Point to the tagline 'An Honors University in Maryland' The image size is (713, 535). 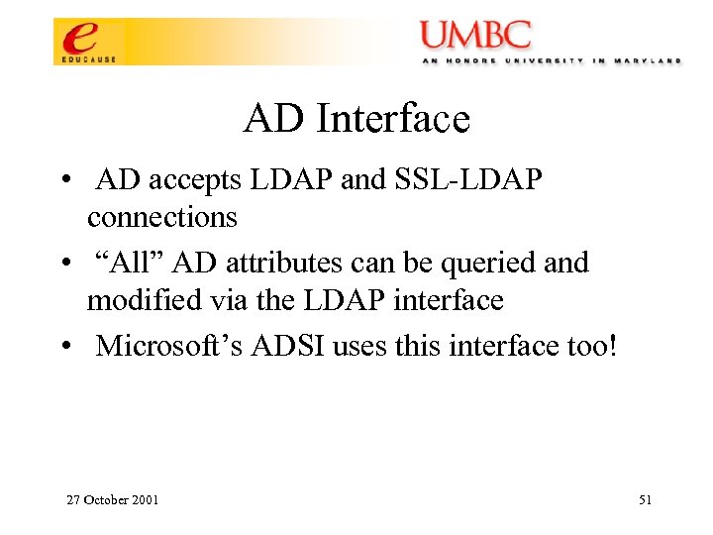pyautogui.click(x=550, y=60)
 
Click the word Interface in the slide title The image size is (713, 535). pyautogui.click(x=393, y=120)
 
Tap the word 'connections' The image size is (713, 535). pyautogui.click(x=162, y=216)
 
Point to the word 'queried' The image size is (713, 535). pyautogui.click(x=483, y=264)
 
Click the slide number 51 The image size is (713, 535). pyautogui.click(x=645, y=500)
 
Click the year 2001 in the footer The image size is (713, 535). pyautogui.click(x=145, y=500)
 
